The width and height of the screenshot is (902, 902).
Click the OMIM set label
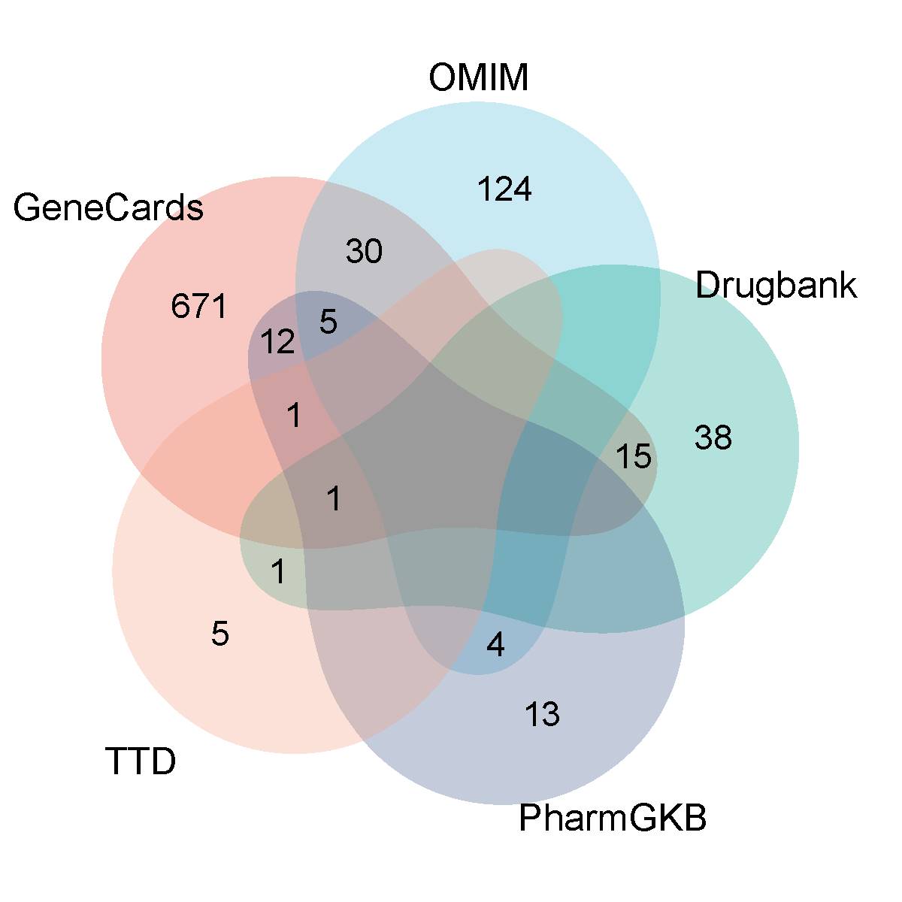pos(479,77)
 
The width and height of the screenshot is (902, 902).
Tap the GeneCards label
pos(108,207)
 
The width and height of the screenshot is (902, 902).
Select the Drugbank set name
pos(776,286)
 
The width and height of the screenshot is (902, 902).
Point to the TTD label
pos(141,761)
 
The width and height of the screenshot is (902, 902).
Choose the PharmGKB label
pos(613,819)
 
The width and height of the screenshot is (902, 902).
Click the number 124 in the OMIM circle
pos(505,189)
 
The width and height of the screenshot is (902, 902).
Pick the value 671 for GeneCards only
pos(199,307)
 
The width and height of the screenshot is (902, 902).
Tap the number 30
pos(365,252)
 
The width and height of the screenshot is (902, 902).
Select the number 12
pos(277,344)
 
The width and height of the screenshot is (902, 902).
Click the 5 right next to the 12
pos(328,322)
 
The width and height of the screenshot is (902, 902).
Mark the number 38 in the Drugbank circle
pos(713,437)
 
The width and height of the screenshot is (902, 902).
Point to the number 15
pos(633,456)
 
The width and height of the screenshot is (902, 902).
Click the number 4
pos(495,645)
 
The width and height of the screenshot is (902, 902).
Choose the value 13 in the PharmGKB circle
pos(542,715)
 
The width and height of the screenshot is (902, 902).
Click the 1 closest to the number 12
pos(295,416)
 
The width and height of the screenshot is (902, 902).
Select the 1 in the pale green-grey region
pos(278,573)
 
